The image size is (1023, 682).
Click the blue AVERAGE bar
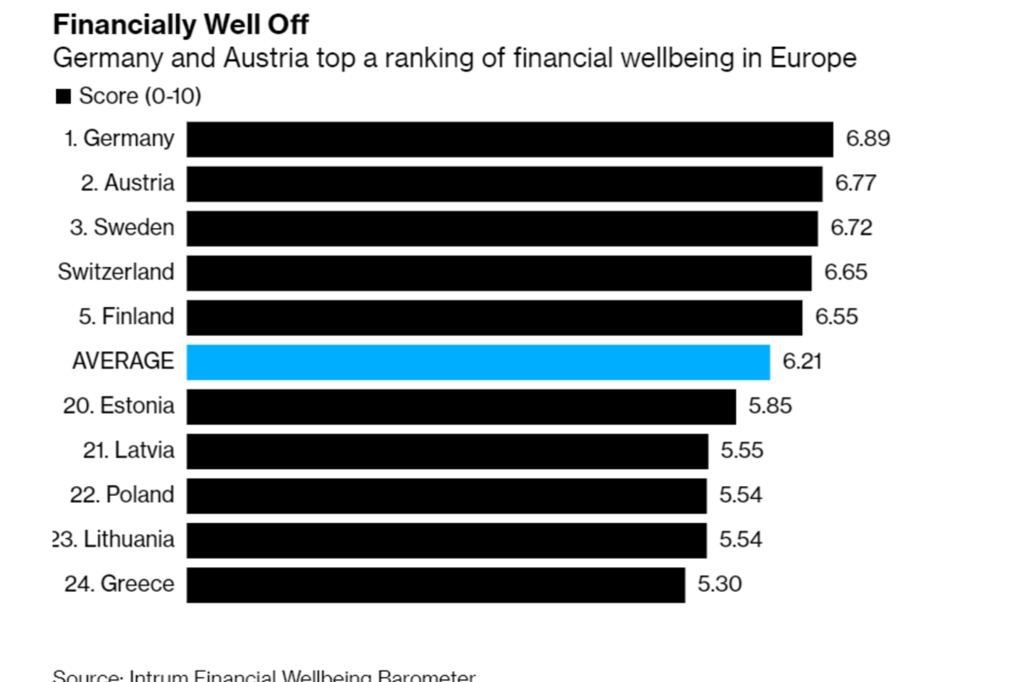point(478,362)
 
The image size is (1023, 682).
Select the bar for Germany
point(509,139)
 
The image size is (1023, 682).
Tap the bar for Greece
point(435,585)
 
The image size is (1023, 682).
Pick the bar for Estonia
point(461,406)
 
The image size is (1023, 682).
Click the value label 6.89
point(867,139)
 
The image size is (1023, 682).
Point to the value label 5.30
point(719,584)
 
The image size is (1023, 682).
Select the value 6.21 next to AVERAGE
point(801,362)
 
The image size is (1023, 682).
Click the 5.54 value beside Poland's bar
point(740,495)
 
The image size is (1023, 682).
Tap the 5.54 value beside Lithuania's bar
point(740,540)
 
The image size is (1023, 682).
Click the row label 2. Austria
point(127,183)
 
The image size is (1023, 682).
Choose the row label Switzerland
point(116,272)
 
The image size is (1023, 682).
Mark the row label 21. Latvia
point(128,450)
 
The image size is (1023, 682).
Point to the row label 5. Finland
point(126,317)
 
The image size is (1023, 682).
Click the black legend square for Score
point(63,97)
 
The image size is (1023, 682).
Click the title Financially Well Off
point(180,25)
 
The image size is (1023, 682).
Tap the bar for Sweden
point(502,228)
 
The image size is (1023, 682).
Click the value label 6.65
point(845,272)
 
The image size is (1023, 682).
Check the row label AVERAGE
point(123,362)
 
